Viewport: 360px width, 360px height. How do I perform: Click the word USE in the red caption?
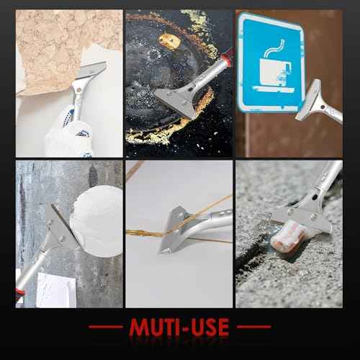coord(209,327)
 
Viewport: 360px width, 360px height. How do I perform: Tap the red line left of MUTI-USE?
coord(106,327)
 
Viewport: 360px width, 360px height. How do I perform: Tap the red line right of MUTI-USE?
coord(253,327)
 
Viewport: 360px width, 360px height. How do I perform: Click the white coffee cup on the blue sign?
coord(275,71)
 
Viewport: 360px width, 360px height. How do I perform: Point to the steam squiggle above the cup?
coord(274,48)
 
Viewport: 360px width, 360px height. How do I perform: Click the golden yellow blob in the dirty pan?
coord(169,41)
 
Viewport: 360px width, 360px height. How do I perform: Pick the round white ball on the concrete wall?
coord(97,221)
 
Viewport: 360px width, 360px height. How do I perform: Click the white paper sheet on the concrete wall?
coord(56,290)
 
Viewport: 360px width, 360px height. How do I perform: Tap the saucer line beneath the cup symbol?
coord(274,89)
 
